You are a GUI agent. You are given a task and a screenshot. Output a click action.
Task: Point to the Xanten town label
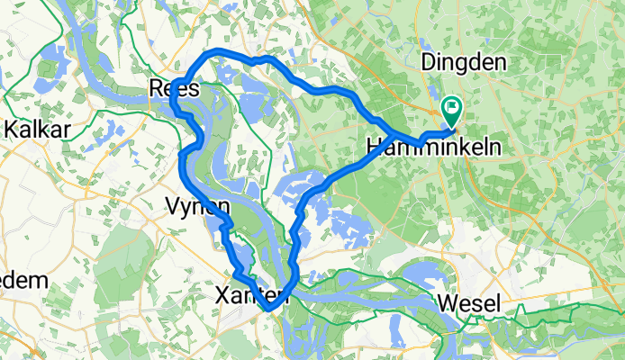tap(251, 294)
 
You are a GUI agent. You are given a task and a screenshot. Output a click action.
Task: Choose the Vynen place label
tap(197, 206)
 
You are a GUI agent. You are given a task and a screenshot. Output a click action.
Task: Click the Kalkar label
tap(37, 130)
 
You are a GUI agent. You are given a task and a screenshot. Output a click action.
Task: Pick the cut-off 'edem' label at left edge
tap(23, 280)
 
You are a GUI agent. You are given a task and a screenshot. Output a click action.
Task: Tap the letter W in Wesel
tap(445, 304)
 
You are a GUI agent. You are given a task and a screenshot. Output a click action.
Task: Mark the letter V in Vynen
tap(173, 206)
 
